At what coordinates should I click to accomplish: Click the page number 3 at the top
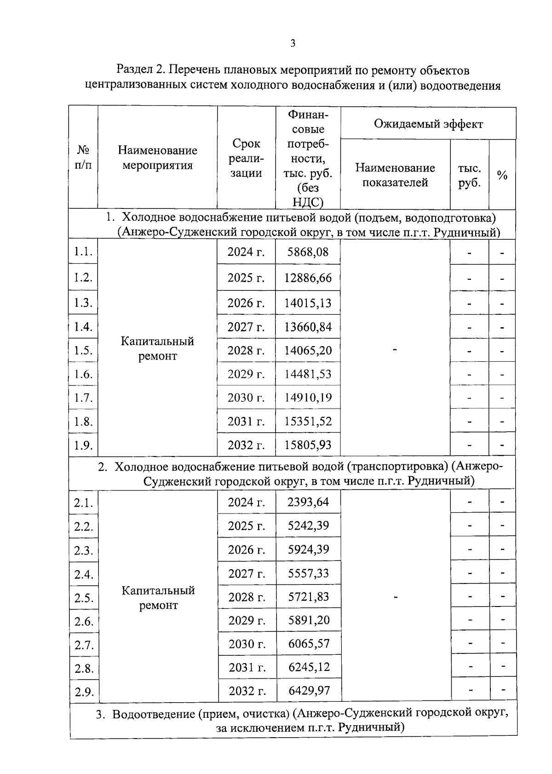click(x=293, y=44)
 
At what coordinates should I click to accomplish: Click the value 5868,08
click(x=308, y=252)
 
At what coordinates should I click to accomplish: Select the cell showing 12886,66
click(x=308, y=278)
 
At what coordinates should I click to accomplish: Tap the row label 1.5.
click(x=83, y=351)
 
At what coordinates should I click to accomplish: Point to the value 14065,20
click(x=308, y=351)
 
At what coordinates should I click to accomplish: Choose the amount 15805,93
click(x=308, y=445)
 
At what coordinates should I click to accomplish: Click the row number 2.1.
click(x=84, y=503)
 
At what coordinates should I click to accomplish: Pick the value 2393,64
click(x=308, y=502)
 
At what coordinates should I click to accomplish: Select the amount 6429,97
click(x=309, y=691)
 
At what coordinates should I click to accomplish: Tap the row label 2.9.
click(x=84, y=692)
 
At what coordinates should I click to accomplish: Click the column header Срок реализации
click(x=246, y=158)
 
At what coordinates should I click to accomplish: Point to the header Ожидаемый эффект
click(x=428, y=124)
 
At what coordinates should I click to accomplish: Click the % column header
click(x=502, y=175)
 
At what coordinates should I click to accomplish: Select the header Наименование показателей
click(x=395, y=175)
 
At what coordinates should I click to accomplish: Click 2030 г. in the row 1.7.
click(x=246, y=398)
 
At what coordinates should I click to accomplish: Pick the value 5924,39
click(x=308, y=549)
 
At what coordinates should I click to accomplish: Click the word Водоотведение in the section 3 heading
click(x=154, y=714)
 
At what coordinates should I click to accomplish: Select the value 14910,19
click(x=308, y=398)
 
